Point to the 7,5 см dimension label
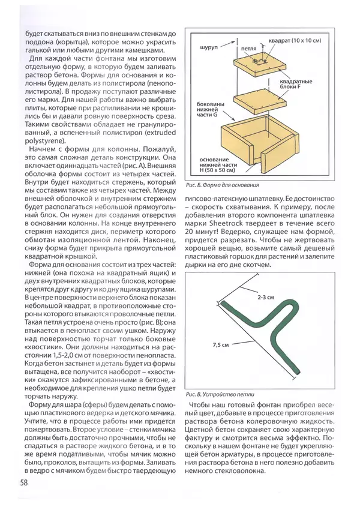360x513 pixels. (x=221, y=345)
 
